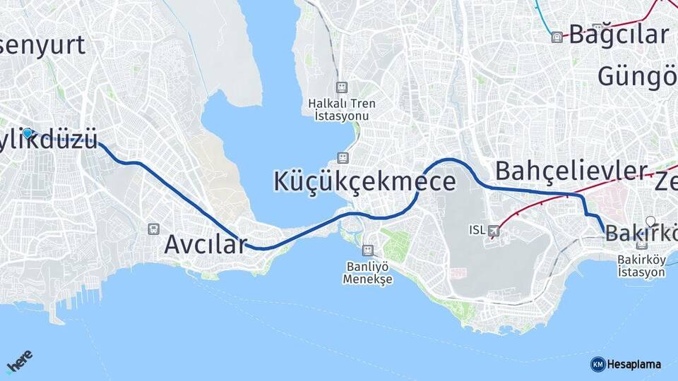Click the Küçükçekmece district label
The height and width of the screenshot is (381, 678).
tap(364, 181)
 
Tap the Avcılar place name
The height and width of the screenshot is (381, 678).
tap(206, 244)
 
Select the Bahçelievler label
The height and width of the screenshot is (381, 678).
tap(571, 171)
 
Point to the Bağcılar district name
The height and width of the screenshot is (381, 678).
tap(619, 34)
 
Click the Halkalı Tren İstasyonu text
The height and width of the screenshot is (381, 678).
tap(343, 109)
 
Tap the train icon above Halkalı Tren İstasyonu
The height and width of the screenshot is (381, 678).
tap(343, 87)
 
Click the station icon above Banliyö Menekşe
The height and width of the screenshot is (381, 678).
tap(367, 250)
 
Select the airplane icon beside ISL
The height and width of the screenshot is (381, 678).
tap(494, 230)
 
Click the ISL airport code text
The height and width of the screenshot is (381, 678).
tap(477, 230)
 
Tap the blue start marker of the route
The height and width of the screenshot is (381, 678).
tap(28, 133)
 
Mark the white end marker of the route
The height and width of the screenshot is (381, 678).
tap(650, 221)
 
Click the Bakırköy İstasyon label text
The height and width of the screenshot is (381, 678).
tap(641, 265)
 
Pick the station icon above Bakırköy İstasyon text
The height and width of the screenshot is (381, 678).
tap(642, 245)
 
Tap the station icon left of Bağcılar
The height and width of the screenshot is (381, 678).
tap(557, 37)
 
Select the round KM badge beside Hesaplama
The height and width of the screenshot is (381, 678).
tap(597, 364)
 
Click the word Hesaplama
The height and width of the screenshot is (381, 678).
tap(634, 364)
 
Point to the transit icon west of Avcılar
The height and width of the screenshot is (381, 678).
tap(153, 229)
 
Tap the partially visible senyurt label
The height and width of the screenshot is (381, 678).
tap(42, 44)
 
